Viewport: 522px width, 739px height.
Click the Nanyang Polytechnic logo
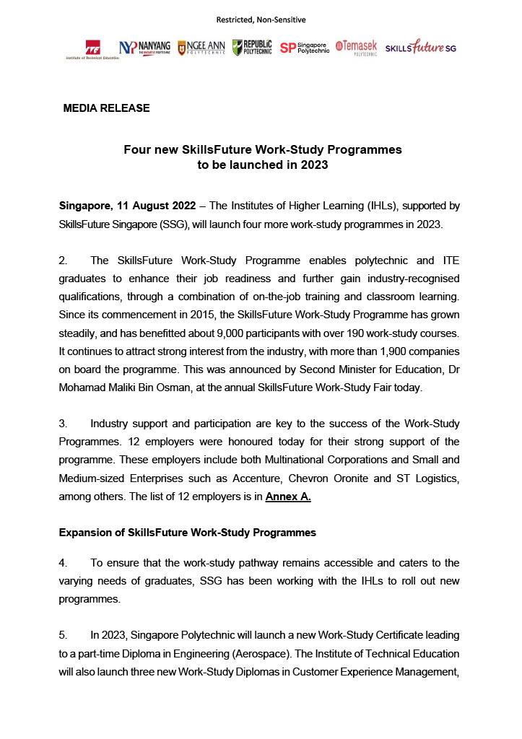pyautogui.click(x=145, y=48)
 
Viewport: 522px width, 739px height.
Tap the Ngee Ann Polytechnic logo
pyautogui.click(x=201, y=48)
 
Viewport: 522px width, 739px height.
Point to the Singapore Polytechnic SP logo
pyautogui.click(x=304, y=48)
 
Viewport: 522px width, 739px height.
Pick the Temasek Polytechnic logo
pyautogui.click(x=356, y=48)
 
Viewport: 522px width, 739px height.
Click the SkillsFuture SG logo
pyautogui.click(x=421, y=48)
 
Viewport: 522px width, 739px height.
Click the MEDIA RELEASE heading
pyautogui.click(x=106, y=108)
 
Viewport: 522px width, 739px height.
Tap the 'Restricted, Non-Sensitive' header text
pyautogui.click(x=261, y=19)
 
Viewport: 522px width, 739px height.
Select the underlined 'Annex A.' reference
pyautogui.click(x=288, y=497)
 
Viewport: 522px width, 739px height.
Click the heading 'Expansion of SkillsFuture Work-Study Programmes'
pyautogui.click(x=187, y=533)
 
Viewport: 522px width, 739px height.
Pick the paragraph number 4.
pyautogui.click(x=63, y=563)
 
